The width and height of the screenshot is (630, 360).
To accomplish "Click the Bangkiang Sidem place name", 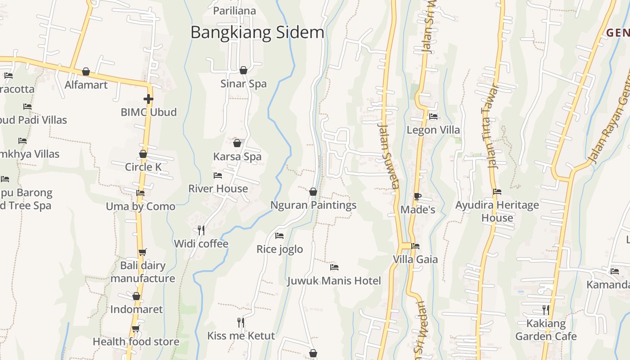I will pyautogui.click(x=257, y=32).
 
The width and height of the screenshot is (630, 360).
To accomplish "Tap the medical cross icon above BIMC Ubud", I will pyautogui.click(x=148, y=99).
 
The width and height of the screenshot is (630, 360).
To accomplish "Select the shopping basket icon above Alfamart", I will pyautogui.click(x=86, y=72).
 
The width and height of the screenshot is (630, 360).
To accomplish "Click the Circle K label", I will pyautogui.click(x=143, y=167).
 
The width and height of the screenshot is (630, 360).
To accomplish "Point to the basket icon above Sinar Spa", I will pyautogui.click(x=243, y=70).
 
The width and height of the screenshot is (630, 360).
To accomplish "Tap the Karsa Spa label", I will pyautogui.click(x=237, y=157).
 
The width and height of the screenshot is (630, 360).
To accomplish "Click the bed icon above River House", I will pyautogui.click(x=218, y=175).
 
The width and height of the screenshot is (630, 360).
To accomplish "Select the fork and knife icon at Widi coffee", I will pyautogui.click(x=201, y=230).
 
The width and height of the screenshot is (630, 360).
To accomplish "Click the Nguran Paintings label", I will pyautogui.click(x=313, y=205).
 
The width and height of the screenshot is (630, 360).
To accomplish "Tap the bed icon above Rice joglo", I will pyautogui.click(x=279, y=236).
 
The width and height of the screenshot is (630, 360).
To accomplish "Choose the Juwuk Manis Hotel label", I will pyautogui.click(x=334, y=281).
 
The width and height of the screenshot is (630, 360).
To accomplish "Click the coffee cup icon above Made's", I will pyautogui.click(x=418, y=196).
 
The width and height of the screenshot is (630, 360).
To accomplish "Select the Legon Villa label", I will pyautogui.click(x=433, y=130).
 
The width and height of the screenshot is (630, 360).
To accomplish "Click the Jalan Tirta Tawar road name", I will pyautogui.click(x=490, y=127).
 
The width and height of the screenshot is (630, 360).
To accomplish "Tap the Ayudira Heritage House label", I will pyautogui.click(x=497, y=211).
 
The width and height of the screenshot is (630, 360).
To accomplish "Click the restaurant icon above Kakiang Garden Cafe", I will pyautogui.click(x=546, y=310).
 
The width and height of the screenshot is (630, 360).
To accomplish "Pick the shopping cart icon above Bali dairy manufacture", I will pyautogui.click(x=142, y=252).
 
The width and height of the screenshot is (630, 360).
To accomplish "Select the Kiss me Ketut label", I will pyautogui.click(x=241, y=336).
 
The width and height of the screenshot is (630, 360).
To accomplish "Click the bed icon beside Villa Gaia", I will pyautogui.click(x=415, y=246).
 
